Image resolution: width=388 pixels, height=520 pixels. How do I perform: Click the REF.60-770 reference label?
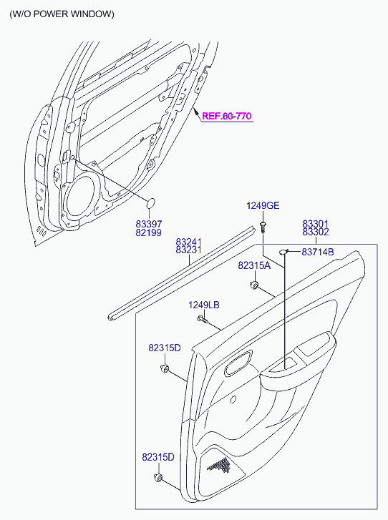(x=227, y=116)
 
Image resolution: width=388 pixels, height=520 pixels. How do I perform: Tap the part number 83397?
(x=148, y=224)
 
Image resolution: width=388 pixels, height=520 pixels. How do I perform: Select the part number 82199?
(x=148, y=232)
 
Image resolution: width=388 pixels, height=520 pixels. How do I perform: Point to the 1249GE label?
(x=263, y=205)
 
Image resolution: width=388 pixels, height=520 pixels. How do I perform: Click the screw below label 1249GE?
(x=263, y=227)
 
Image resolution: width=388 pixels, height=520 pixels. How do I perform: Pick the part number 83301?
(x=315, y=224)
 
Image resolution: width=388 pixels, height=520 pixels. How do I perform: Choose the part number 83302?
(x=315, y=232)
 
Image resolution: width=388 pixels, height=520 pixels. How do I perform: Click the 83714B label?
(x=318, y=252)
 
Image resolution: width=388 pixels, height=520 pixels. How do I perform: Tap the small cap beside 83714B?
(x=283, y=252)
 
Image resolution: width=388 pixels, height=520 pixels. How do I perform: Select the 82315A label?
(x=254, y=265)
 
